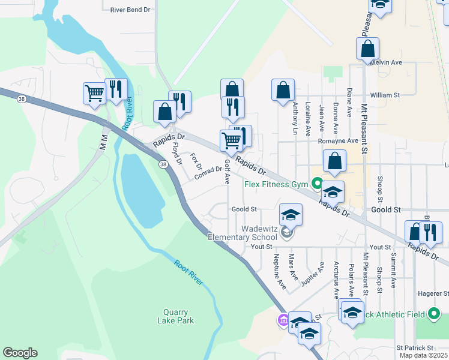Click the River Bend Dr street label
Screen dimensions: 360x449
point(130,10)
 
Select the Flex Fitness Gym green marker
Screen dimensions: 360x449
point(317,183)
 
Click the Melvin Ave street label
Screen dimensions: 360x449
point(386,62)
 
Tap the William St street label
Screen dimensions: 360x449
point(385,95)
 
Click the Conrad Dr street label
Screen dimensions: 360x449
point(208,172)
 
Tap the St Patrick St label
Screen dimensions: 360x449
point(415,347)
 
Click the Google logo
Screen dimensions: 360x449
point(20,353)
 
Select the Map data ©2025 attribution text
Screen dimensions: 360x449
point(424,355)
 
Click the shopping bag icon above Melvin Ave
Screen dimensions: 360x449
point(367,48)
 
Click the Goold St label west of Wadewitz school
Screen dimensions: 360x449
point(244,209)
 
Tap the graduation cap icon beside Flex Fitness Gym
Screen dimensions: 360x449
point(333,192)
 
